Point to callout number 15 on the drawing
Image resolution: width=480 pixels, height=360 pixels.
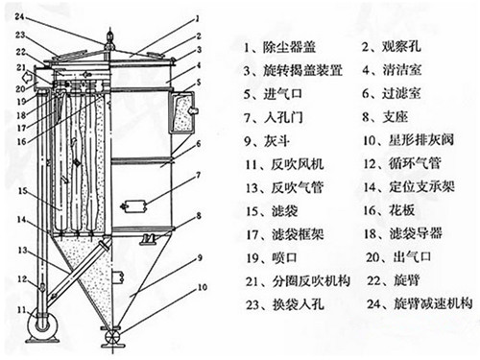[20, 191]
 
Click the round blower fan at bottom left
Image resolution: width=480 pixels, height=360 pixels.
[40, 325]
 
